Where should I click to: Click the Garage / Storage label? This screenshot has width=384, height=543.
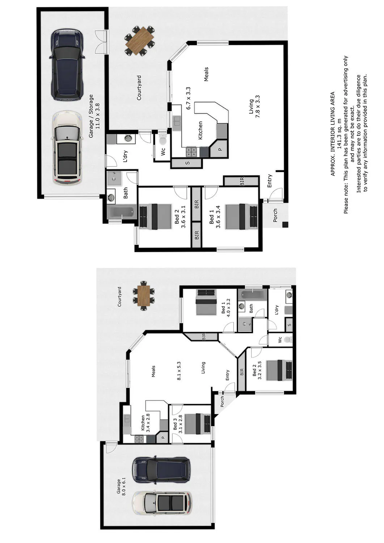click(x=91, y=116)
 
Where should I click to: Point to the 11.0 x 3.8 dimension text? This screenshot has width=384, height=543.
click(x=98, y=116)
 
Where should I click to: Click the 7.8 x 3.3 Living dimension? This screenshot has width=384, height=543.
click(x=257, y=107)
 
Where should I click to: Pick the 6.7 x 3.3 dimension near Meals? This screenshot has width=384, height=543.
click(x=188, y=98)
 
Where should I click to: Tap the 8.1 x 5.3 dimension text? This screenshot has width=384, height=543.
click(x=179, y=371)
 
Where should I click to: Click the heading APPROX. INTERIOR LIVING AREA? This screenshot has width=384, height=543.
click(x=333, y=134)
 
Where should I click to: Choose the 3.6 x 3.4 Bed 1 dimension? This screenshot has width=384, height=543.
click(x=218, y=217)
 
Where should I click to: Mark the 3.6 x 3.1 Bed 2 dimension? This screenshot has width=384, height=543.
click(x=183, y=217)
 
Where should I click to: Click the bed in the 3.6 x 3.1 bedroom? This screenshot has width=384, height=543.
click(x=155, y=217)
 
